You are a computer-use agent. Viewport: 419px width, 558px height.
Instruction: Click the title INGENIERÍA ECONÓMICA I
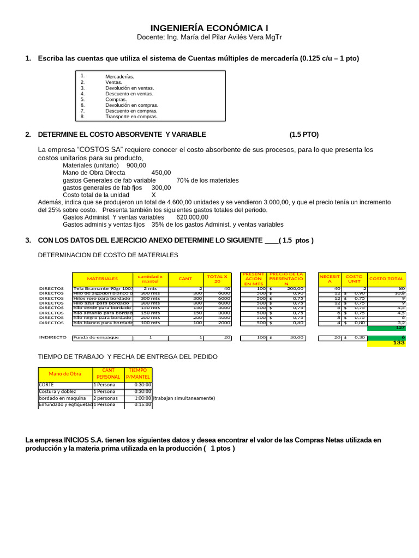pyautogui.click(x=209, y=28)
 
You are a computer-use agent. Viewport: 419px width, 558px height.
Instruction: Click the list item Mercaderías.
pyautogui.click(x=119, y=77)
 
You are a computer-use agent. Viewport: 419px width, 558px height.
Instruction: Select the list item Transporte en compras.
pyautogui.click(x=131, y=117)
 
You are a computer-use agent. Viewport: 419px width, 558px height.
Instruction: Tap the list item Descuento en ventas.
pyautogui.click(x=129, y=94)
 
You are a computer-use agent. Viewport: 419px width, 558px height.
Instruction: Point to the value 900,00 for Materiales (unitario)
pyautogui.click(x=136, y=165)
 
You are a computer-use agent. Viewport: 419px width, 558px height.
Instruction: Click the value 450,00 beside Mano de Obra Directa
pyautogui.click(x=161, y=173)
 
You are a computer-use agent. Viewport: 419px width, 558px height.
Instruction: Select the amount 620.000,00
pyautogui.click(x=192, y=217)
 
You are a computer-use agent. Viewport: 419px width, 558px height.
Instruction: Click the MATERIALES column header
pyautogui.click(x=102, y=278)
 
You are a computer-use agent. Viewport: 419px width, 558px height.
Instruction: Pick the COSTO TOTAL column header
pyautogui.click(x=386, y=278)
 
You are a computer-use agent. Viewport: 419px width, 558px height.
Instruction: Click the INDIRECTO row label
pyautogui.click(x=52, y=337)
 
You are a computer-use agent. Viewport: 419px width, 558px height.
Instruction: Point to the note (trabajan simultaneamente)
pyautogui.click(x=184, y=398)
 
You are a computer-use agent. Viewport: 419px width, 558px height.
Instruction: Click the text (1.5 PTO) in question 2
pyautogui.click(x=304, y=135)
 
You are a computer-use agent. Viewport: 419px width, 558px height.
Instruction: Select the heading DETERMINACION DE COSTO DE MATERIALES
pyautogui.click(x=107, y=254)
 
